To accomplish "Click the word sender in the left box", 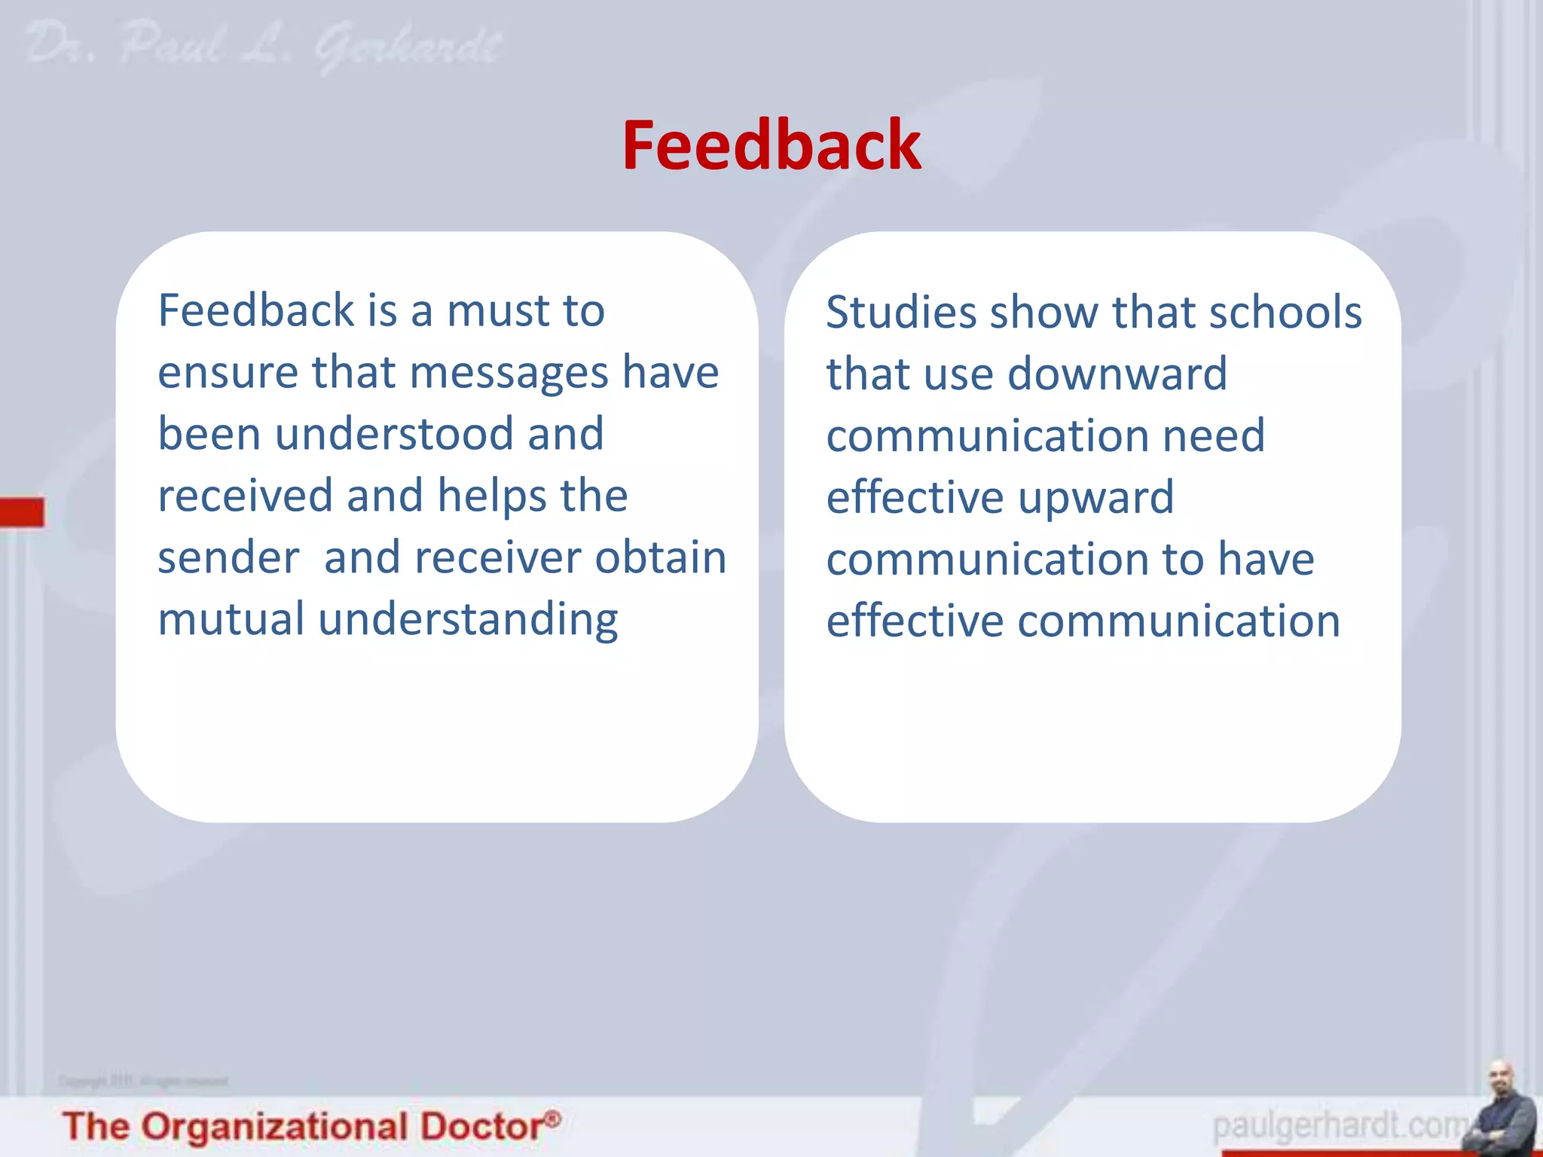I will point(228,558).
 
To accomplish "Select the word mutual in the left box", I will point(231,620).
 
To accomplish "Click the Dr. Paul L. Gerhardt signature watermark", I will point(264,47).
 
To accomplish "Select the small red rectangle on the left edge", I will point(22,511).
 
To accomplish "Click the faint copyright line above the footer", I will point(143,1082).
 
